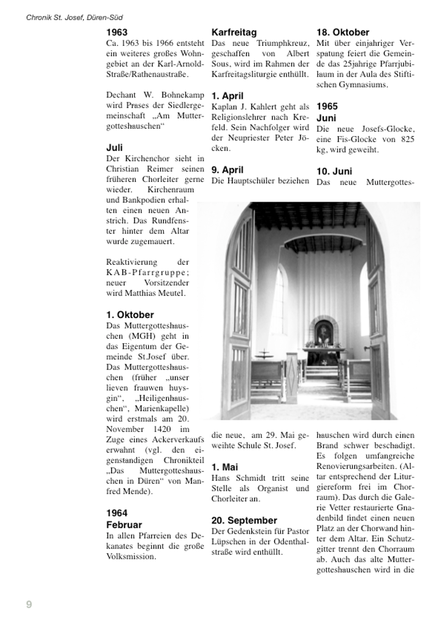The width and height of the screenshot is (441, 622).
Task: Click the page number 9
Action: pos(29,605)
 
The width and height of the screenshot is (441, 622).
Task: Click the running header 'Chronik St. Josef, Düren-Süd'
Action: pos(74,18)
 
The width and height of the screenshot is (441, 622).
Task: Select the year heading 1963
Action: pos(117,32)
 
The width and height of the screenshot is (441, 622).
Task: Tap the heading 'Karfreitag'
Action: pos(234,32)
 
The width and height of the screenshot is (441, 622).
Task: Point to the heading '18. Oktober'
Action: pos(343,32)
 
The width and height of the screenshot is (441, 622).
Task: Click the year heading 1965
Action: pos(327,107)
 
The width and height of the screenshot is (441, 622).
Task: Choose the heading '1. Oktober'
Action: pos(130,315)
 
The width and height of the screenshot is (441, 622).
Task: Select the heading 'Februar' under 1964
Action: pos(124,525)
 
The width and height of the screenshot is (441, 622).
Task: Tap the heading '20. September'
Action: pos(244,520)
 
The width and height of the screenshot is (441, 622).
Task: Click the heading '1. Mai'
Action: pos(224,467)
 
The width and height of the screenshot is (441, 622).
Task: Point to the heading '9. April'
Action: pos(227,170)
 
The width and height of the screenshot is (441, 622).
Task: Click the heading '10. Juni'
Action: pos(334,172)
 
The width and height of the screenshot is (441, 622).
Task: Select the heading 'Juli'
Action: pos(114,148)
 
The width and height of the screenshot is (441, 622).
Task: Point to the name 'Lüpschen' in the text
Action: pos(229,541)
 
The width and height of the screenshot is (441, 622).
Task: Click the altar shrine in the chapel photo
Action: pos(323,332)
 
